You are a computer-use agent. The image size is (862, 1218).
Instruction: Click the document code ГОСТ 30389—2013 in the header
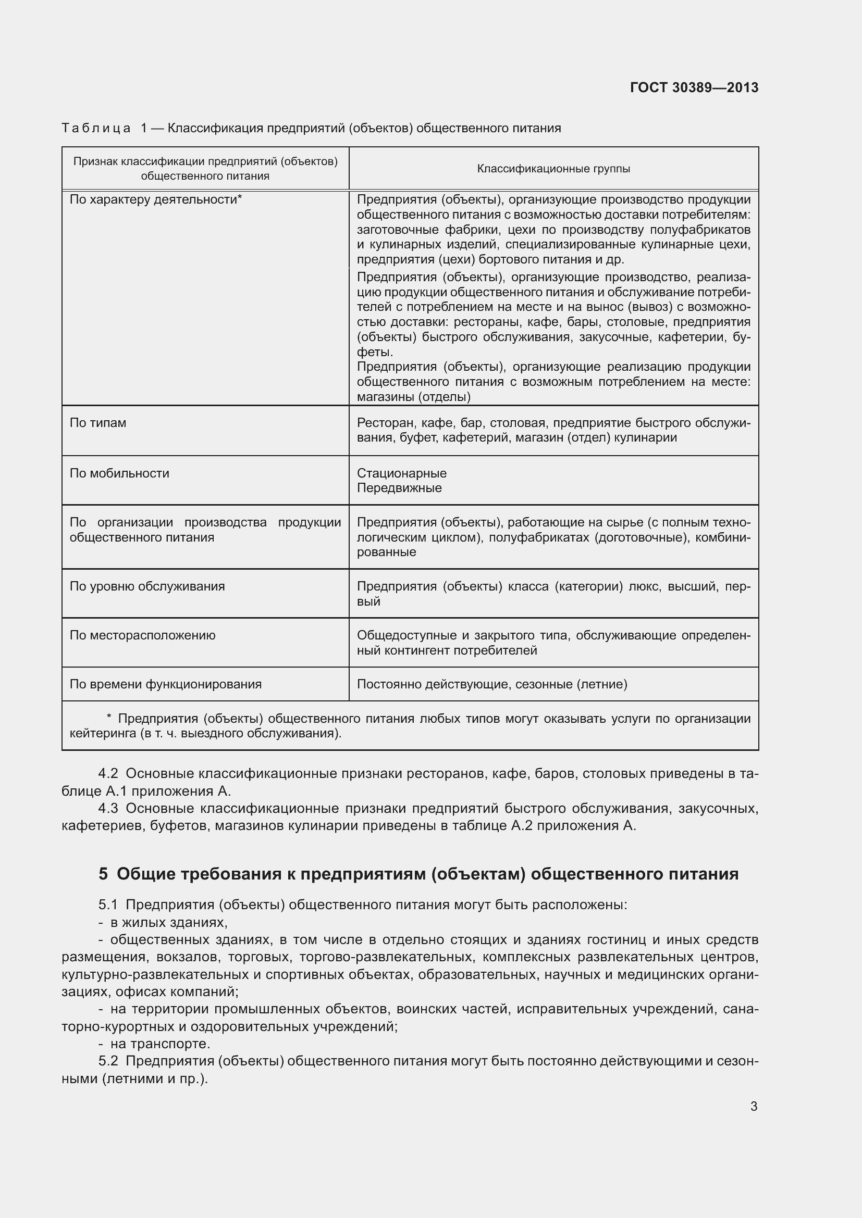694,87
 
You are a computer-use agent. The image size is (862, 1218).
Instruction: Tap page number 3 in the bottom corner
753,1106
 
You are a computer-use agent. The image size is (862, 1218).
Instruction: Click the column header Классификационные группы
553,169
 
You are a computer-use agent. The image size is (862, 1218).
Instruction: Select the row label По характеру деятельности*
155,199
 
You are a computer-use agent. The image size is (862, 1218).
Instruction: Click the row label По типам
97,423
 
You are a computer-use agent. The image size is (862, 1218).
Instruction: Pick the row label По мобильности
119,473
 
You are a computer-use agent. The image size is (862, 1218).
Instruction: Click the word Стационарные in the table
401,473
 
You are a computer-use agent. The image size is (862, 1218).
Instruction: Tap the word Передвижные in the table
399,488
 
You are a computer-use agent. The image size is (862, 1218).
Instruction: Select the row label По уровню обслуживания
147,586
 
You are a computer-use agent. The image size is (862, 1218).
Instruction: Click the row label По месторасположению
142,635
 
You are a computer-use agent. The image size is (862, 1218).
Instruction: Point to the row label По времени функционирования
166,684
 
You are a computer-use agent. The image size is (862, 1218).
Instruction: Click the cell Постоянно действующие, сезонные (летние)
491,684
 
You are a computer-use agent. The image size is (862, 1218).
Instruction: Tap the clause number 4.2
108,774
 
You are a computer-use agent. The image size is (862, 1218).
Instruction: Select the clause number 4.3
108,809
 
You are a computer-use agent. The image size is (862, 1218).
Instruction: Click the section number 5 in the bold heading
103,874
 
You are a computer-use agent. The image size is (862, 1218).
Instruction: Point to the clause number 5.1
108,905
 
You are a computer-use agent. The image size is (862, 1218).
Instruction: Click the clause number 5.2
108,1060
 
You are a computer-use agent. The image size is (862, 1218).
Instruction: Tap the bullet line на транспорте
160,1044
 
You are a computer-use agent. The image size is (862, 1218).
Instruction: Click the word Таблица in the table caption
96,129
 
